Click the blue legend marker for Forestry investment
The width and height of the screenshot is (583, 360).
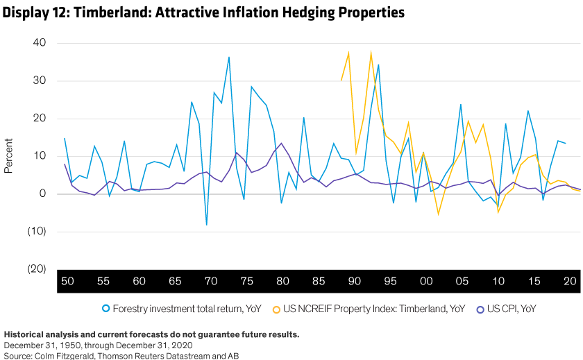[106, 309]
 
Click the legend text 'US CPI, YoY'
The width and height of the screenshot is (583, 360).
[512, 309]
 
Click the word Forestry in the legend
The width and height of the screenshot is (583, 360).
[130, 309]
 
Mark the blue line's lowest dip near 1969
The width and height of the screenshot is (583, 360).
[206, 225]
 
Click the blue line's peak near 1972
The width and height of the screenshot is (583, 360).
[229, 57]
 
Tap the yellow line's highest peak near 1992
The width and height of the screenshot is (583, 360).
[371, 51]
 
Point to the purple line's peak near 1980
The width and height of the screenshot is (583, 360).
[281, 143]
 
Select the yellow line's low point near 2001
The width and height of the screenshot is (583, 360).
[438, 214]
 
